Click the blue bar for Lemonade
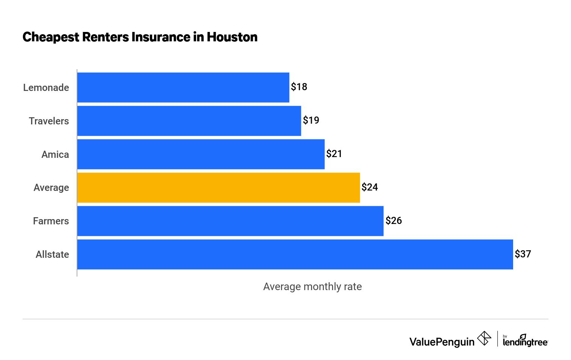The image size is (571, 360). pos(183,88)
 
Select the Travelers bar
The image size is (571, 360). pos(189,121)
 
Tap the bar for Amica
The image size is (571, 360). pos(201,154)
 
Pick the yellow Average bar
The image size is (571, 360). pos(218,188)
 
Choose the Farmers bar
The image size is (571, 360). pos(230,221)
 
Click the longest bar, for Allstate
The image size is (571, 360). pos(295,254)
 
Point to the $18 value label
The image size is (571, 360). pos(299,87)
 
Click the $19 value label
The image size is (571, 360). pos(311,120)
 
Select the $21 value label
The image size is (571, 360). pos(334,154)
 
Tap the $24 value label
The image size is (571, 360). pos(370,187)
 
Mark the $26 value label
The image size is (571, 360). pos(393,221)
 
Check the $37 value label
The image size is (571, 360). pos(523,254)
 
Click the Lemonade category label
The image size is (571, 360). pos(46,88)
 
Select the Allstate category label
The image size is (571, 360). pos(52,254)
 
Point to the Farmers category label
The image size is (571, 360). pos(51,221)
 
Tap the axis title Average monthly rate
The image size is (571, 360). pos(312,287)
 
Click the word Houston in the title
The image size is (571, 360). pos(232,37)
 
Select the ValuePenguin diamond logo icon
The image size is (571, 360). pos(484,339)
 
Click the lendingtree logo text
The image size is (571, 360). pos(525,341)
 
